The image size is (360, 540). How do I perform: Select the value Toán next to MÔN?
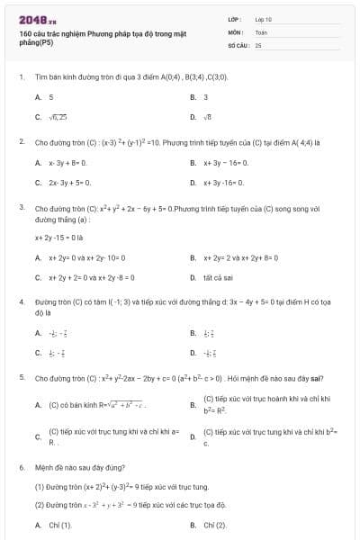261,31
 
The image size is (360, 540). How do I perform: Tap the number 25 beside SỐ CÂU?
258,43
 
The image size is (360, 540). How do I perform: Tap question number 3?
21,207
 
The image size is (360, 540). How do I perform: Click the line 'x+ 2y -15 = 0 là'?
58,238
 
